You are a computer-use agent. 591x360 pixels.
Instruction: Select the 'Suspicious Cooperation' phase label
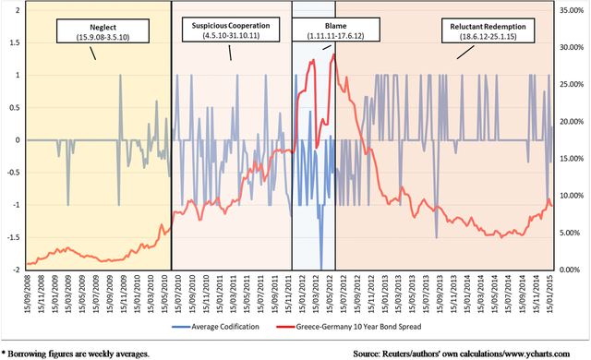coord(227,29)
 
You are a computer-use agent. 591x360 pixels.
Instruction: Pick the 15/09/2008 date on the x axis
coord(29,293)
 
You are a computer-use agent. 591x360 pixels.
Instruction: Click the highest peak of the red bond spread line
coord(332,54)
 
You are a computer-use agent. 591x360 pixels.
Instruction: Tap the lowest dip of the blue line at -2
coord(321,268)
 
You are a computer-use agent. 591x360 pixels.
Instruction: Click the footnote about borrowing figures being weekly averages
coord(72,352)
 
